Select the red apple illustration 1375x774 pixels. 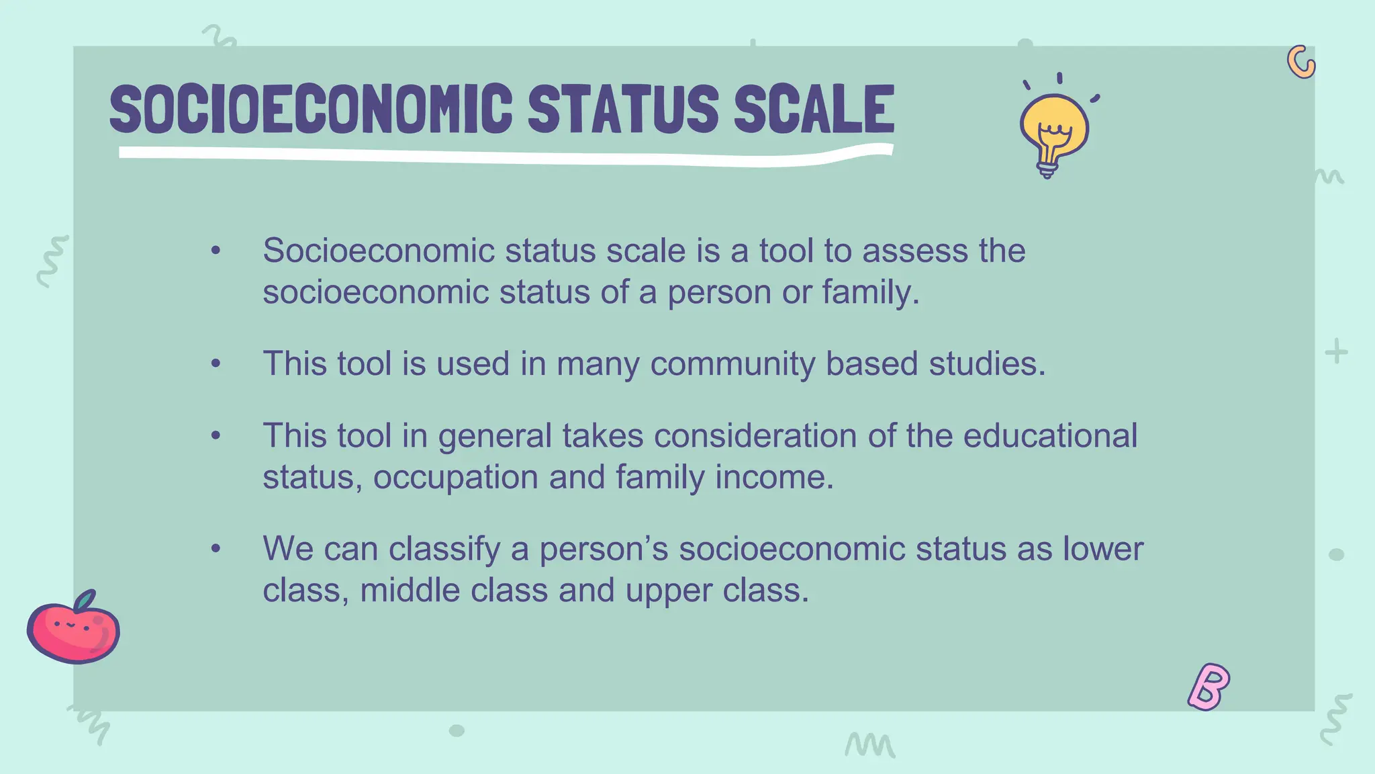(x=73, y=629)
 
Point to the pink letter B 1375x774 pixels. (x=1208, y=687)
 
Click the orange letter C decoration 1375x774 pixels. (x=1300, y=62)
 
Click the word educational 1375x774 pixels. (x=1050, y=435)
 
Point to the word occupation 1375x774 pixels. (x=456, y=477)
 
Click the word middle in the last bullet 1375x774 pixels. (x=410, y=591)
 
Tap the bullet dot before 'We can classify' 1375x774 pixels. (x=216, y=549)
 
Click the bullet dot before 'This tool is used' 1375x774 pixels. (x=216, y=363)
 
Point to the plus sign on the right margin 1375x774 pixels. (x=1336, y=351)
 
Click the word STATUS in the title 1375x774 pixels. (x=622, y=109)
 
